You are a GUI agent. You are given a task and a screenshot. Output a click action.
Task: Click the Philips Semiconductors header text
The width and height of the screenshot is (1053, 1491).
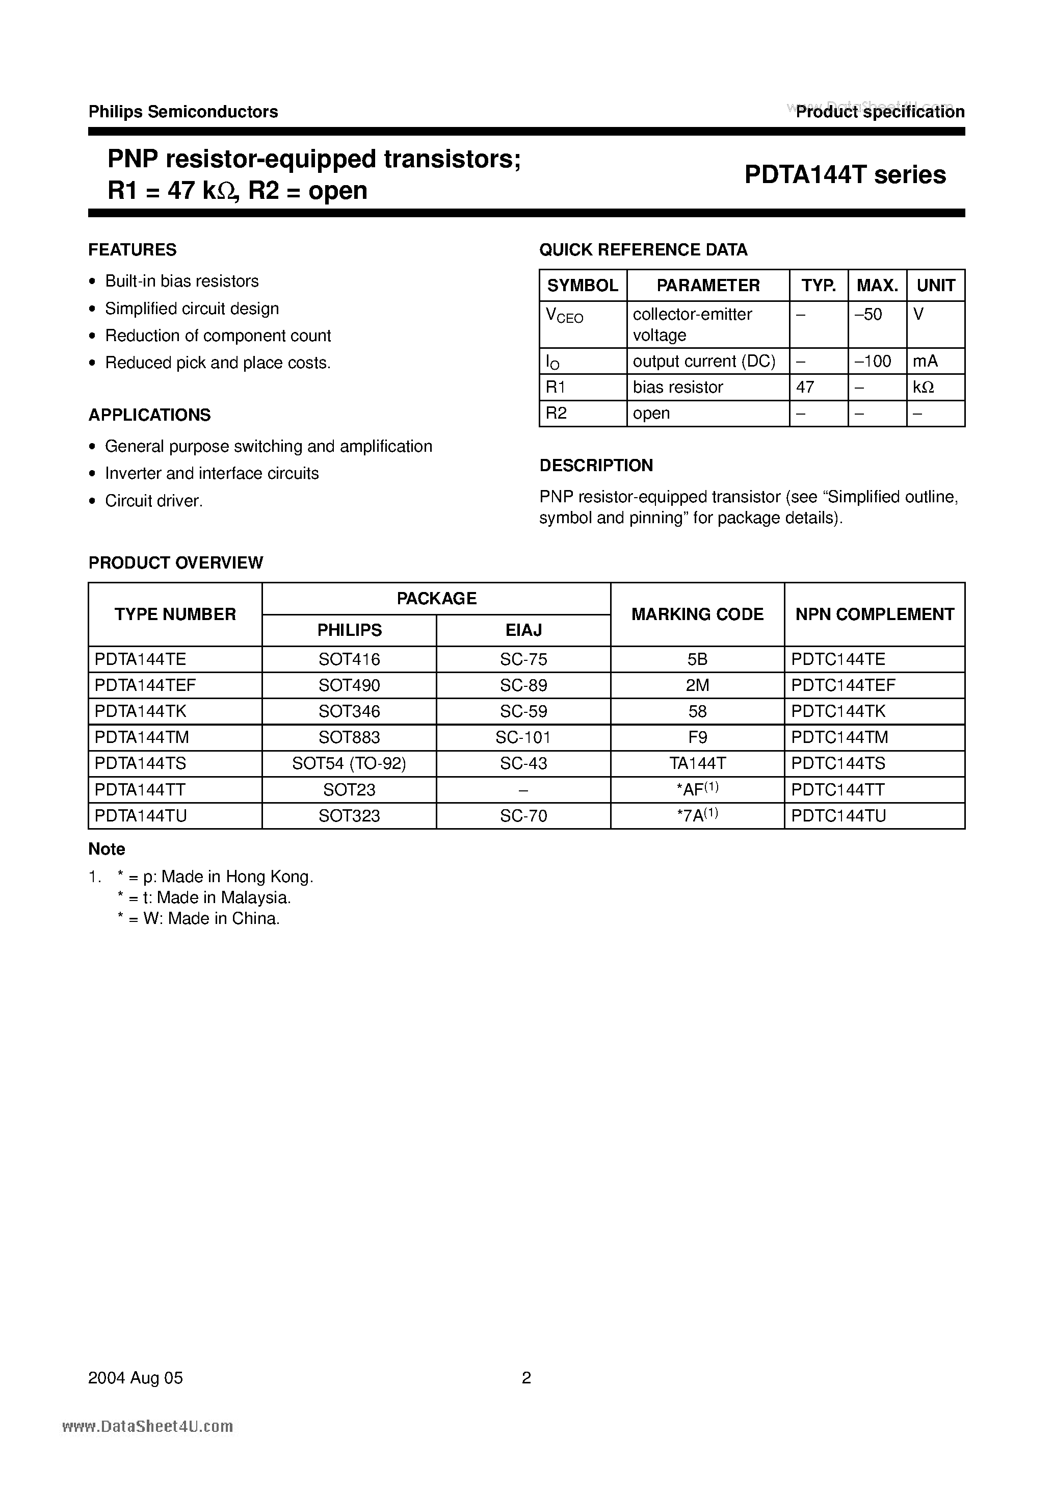(183, 112)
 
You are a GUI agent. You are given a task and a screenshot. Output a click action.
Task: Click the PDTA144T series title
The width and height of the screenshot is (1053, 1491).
(845, 175)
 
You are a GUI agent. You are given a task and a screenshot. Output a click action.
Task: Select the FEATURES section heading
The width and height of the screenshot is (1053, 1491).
(133, 250)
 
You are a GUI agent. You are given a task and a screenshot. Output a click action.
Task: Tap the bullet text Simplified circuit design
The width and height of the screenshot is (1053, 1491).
(192, 309)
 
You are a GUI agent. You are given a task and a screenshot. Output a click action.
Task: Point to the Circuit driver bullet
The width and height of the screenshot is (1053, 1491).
(154, 501)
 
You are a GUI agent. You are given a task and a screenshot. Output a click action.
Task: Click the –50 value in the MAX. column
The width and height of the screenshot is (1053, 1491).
(868, 314)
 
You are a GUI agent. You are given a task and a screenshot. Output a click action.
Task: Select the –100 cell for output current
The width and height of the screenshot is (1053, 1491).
(873, 361)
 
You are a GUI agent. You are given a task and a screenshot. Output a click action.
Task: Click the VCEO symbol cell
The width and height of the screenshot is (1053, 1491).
(564, 316)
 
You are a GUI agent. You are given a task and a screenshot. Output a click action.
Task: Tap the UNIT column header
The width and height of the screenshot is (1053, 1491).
(935, 285)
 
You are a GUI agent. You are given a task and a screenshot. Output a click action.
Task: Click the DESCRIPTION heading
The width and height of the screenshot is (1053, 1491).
(596, 466)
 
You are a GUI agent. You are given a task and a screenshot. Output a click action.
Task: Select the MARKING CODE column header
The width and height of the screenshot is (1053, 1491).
(697, 614)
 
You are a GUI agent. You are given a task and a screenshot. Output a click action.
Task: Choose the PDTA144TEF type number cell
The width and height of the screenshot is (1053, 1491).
(145, 685)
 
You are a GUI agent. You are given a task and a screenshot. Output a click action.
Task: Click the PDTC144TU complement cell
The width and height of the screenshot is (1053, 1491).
(838, 816)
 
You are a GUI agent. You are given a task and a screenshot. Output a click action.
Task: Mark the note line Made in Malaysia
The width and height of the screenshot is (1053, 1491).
(204, 897)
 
